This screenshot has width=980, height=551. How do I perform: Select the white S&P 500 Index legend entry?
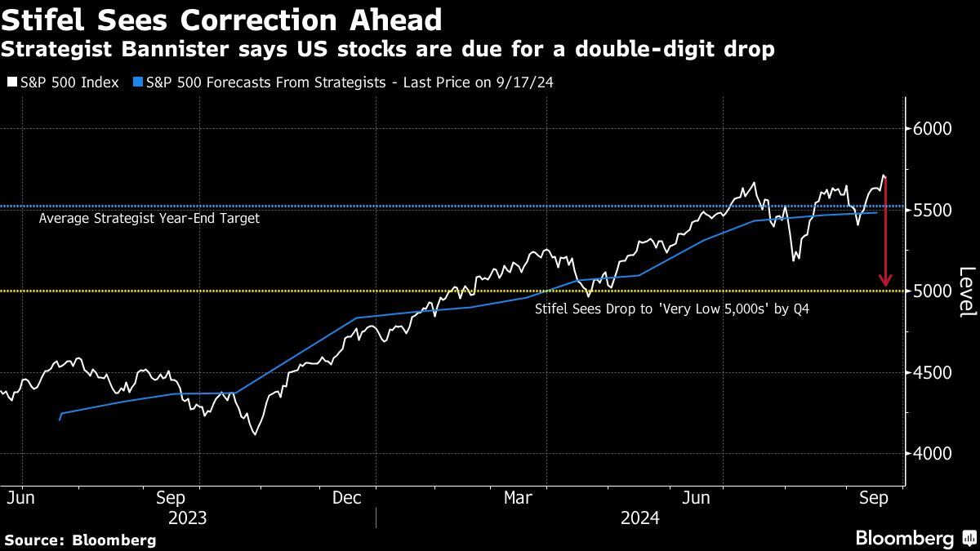click(x=63, y=82)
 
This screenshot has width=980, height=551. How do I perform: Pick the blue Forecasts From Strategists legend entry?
click(x=343, y=82)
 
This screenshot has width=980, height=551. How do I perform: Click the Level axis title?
click(x=966, y=291)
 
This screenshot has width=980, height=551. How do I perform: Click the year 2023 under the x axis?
click(x=187, y=518)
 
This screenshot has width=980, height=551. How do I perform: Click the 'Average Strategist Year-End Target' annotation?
click(x=149, y=219)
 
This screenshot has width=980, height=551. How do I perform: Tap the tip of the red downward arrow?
click(x=885, y=286)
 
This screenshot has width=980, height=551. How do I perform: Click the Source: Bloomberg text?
click(x=79, y=540)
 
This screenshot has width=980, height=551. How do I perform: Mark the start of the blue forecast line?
click(x=60, y=420)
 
